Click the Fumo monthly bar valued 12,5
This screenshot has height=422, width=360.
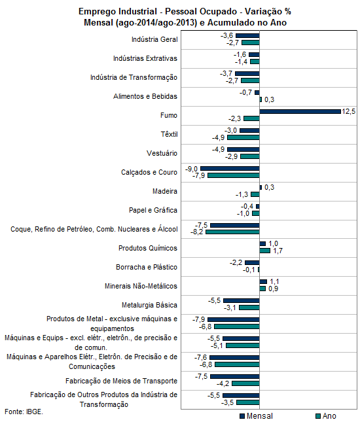point(300,111)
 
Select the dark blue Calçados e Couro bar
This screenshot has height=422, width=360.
point(230,169)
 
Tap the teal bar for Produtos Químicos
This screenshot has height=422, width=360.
point(264,251)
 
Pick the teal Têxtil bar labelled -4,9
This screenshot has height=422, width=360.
point(243,137)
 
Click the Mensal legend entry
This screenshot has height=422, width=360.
point(256,416)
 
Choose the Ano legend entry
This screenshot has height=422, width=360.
point(326,416)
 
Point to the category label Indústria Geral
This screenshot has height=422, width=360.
point(154,39)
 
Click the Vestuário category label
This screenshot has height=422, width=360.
point(162,153)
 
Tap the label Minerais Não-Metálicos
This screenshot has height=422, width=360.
point(141,286)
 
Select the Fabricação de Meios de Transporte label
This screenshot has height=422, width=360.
point(121,381)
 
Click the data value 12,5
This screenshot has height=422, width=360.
point(348,111)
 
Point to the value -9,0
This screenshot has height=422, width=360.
point(191,169)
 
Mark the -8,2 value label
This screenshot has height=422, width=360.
point(197,232)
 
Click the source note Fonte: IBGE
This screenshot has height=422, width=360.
point(24,412)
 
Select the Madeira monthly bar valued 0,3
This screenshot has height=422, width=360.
point(261,187)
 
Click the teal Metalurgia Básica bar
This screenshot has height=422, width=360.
point(249,308)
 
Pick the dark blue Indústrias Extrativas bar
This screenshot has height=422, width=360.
point(254,55)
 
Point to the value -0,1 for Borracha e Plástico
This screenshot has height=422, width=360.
point(249,270)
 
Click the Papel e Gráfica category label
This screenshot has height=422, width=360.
point(153,210)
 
